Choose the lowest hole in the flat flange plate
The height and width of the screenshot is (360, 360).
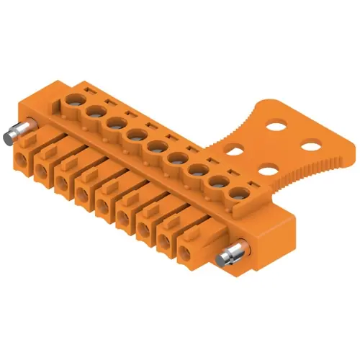(266, 171)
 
